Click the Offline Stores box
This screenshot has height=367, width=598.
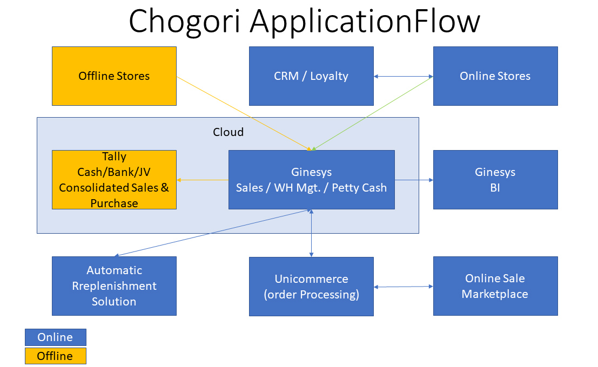(x=114, y=76)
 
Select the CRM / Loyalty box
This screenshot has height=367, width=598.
(x=311, y=76)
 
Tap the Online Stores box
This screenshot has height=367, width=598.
(x=495, y=76)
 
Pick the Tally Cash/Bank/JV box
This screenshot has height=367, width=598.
(x=114, y=180)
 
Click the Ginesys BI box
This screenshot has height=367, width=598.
(x=495, y=180)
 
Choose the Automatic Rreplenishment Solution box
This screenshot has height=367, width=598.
(x=114, y=286)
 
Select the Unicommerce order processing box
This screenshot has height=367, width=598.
(x=311, y=287)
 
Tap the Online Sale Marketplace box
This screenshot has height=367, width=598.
(x=495, y=286)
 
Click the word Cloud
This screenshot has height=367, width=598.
(x=228, y=132)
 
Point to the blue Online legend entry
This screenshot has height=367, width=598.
(x=56, y=337)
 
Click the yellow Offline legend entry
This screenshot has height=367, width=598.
(x=56, y=356)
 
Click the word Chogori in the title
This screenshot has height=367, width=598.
(x=185, y=22)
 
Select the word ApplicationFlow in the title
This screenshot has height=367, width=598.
(x=365, y=22)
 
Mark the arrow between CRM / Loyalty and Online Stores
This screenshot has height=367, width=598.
(x=404, y=76)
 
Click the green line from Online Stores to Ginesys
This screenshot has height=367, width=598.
(x=373, y=113)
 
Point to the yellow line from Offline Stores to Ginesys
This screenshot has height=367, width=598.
(x=244, y=113)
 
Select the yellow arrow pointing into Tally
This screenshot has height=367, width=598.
(x=203, y=180)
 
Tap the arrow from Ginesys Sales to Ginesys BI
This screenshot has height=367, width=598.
(x=414, y=180)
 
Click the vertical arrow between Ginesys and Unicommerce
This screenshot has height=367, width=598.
(x=311, y=233)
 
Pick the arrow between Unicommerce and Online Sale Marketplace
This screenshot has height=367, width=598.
(x=404, y=287)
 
